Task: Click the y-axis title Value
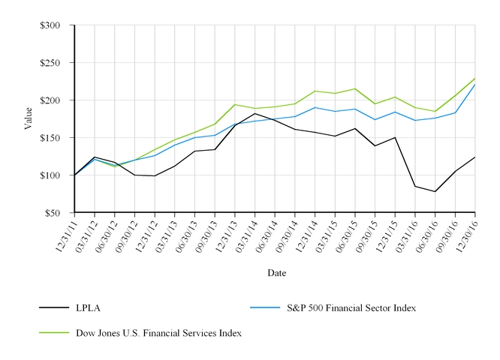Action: [28, 118]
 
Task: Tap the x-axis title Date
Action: [276, 273]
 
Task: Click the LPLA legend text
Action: [88, 307]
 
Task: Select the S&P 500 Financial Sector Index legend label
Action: [351, 307]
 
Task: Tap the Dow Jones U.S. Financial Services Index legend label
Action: [158, 332]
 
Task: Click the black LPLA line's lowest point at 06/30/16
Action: [435, 191]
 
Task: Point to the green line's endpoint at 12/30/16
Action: [475, 78]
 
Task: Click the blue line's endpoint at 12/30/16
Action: [475, 85]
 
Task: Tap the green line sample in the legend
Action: [53, 332]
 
